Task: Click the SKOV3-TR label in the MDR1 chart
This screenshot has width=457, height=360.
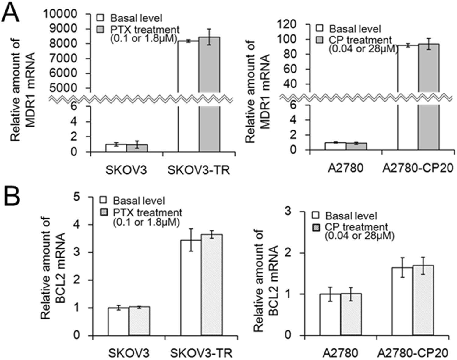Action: click(x=199, y=170)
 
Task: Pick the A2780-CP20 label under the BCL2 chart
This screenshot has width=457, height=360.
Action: click(x=413, y=353)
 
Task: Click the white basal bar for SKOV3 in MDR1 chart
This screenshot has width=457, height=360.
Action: click(x=116, y=148)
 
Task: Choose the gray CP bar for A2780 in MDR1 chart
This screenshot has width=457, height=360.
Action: click(x=356, y=146)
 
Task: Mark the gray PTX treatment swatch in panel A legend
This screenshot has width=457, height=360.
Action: click(x=101, y=30)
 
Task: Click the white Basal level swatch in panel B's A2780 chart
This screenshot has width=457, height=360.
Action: click(x=316, y=216)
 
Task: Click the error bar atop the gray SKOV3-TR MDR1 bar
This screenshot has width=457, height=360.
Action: click(x=209, y=37)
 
